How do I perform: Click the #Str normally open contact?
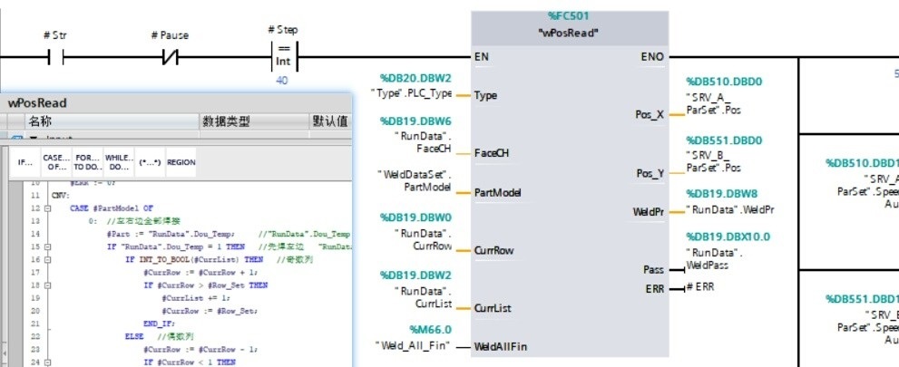coord(54,57)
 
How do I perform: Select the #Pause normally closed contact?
coord(169,57)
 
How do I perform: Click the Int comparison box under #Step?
coord(283,56)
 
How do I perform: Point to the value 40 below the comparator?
coord(282,81)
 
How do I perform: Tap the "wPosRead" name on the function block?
coord(569,34)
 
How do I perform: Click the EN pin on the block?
coord(483,57)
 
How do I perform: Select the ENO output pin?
coord(651,57)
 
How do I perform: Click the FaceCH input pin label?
coord(492,153)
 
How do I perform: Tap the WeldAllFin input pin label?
coord(501,346)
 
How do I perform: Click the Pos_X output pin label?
coord(650,115)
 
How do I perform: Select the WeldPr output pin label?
coord(649,212)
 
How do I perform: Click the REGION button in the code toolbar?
coord(181,161)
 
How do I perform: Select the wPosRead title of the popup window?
coord(38,103)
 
